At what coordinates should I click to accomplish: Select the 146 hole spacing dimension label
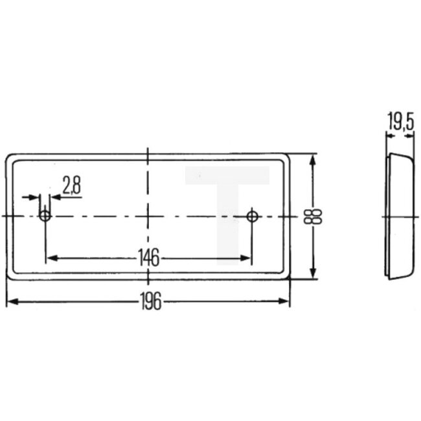click(148, 257)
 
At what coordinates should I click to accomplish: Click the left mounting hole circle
click(45, 216)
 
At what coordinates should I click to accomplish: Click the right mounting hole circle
click(253, 216)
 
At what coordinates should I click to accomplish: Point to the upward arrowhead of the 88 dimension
click(313, 159)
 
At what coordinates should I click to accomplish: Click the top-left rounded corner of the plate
click(10, 157)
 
